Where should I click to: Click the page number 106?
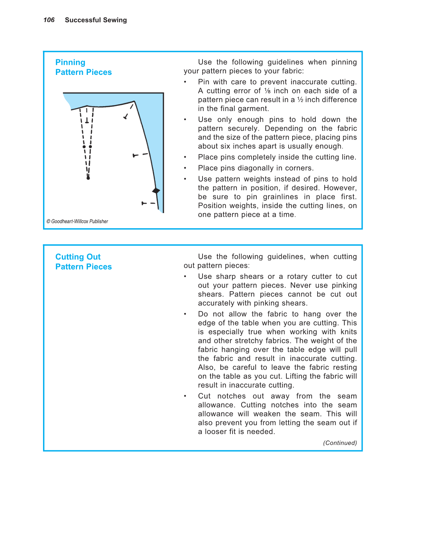tap(49, 20)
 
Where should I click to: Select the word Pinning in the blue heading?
tap(70, 63)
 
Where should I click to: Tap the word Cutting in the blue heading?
tap(69, 257)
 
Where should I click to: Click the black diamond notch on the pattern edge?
tap(156, 191)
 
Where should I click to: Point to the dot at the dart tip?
tap(88, 178)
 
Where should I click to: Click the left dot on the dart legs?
tap(84, 147)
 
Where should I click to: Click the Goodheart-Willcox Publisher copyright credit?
tap(77, 221)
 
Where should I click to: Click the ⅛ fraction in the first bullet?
tap(267, 91)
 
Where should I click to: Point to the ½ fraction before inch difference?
tap(300, 100)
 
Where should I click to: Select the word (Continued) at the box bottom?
tap(340, 443)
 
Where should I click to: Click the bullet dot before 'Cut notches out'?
tap(185, 396)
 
